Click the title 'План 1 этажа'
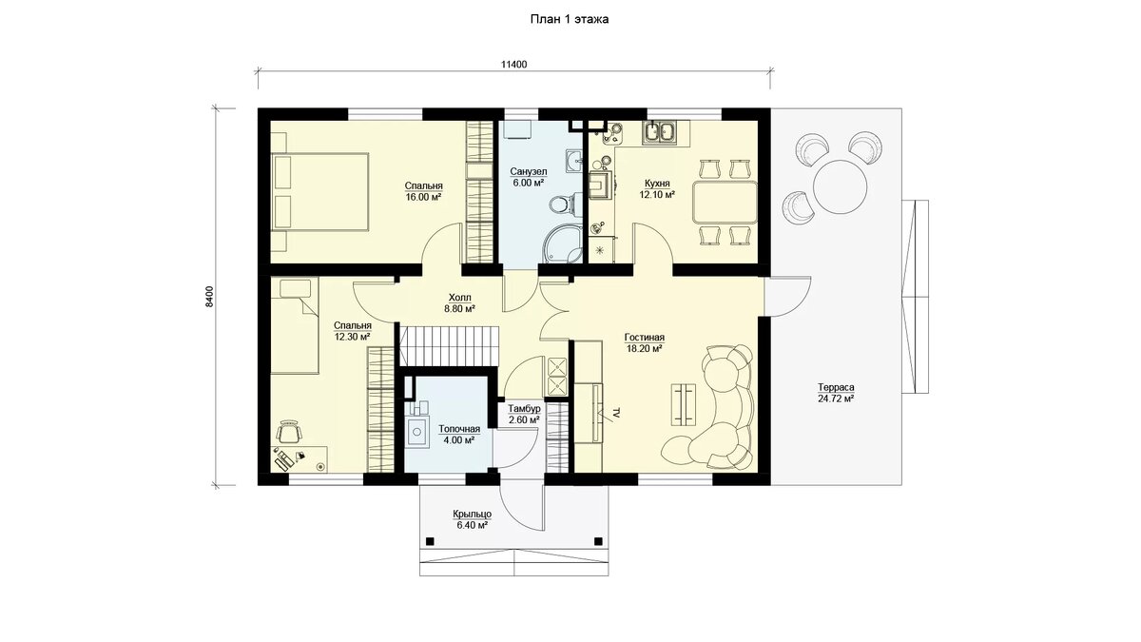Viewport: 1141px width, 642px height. pos(570,19)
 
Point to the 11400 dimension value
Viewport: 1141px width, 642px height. pos(514,65)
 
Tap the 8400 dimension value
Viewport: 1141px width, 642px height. pos(210,297)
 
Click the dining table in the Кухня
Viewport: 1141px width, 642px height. pos(725,202)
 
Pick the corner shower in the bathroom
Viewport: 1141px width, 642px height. pos(563,245)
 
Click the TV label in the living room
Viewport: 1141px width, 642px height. pos(616,413)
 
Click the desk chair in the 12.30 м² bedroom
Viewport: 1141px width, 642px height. pos(289,433)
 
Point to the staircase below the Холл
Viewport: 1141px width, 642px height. pos(448,346)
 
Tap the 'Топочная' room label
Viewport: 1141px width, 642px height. pos(459,430)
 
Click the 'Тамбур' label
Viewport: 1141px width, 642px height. pos(524,409)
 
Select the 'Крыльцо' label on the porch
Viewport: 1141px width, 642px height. pos(473,515)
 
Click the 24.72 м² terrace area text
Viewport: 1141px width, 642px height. pos(836,399)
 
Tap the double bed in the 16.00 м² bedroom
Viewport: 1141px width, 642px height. pos(319,192)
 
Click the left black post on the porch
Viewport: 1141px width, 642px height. pos(430,541)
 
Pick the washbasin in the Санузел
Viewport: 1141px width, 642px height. pos(574,161)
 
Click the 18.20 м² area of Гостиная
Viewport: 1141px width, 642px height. pos(645,349)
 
